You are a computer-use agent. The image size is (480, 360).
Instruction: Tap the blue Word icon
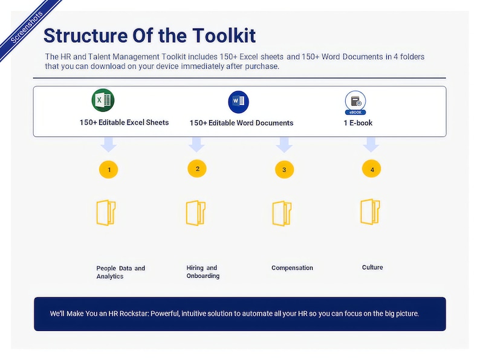tap(239, 101)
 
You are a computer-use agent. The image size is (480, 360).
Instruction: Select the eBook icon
tap(355, 103)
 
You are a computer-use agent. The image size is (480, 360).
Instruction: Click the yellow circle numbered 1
tap(109, 170)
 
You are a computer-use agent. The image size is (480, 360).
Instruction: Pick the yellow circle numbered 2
tap(197, 169)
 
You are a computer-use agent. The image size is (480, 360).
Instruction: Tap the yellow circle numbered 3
tap(284, 170)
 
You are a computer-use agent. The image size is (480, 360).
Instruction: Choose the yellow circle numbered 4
tap(372, 169)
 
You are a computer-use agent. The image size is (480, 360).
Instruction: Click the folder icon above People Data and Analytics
tap(106, 213)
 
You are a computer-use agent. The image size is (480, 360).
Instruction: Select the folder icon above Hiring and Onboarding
tap(196, 213)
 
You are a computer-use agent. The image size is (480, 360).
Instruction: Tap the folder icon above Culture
tap(370, 211)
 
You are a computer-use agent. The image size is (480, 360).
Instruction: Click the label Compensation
tap(292, 268)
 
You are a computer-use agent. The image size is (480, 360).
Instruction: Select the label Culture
tap(372, 267)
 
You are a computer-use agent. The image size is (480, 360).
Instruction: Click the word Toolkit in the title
tap(224, 35)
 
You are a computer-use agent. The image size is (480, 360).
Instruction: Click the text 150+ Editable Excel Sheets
tap(124, 122)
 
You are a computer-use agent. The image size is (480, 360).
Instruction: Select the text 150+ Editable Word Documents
tap(241, 123)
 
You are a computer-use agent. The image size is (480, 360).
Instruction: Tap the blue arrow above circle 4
tap(371, 145)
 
